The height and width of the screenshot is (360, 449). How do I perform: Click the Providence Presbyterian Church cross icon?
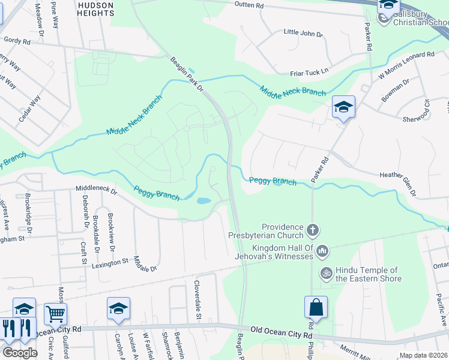[x=312, y=230]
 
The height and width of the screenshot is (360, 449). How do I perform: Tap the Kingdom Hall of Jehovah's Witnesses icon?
[x=322, y=250]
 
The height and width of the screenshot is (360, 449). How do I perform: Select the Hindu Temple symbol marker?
[x=326, y=272]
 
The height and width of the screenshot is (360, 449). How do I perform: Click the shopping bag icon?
[x=316, y=308]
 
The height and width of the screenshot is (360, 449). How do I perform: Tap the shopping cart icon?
[x=55, y=313]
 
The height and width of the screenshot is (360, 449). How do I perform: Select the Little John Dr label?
[x=303, y=33]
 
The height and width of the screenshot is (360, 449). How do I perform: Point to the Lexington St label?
[x=109, y=262]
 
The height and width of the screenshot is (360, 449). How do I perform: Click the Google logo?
[x=20, y=353]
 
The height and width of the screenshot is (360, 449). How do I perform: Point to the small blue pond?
[x=203, y=201]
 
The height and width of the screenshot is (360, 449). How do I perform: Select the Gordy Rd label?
[x=17, y=41]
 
